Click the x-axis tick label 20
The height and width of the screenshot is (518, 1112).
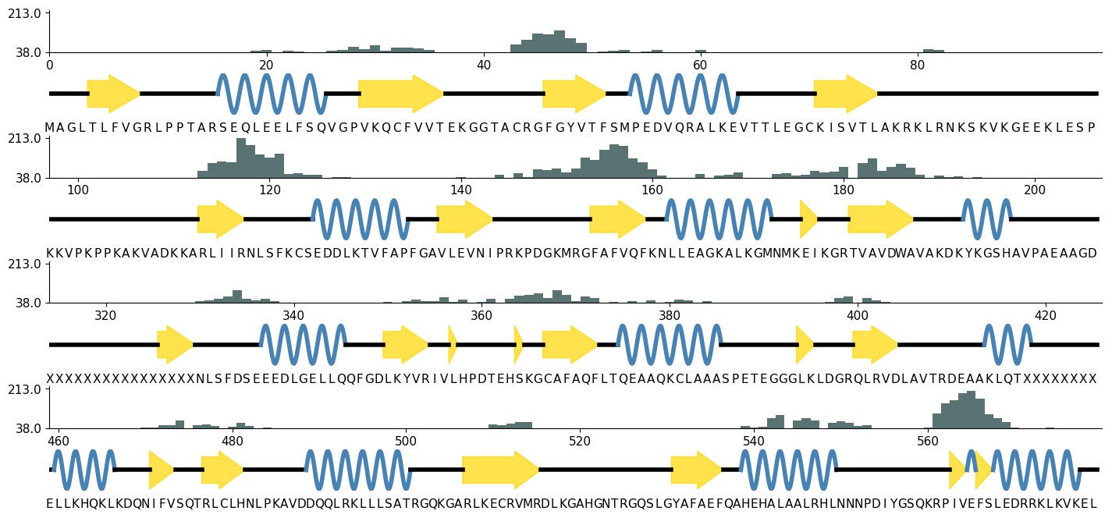(x=265, y=65)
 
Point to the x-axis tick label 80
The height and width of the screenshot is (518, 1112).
(x=917, y=65)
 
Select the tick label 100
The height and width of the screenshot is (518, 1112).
(x=77, y=190)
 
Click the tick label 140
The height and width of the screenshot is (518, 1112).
(x=460, y=190)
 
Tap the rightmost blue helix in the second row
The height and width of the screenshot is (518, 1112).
(x=986, y=219)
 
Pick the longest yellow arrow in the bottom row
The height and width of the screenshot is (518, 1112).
(x=500, y=470)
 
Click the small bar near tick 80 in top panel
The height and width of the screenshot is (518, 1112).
(x=933, y=51)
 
